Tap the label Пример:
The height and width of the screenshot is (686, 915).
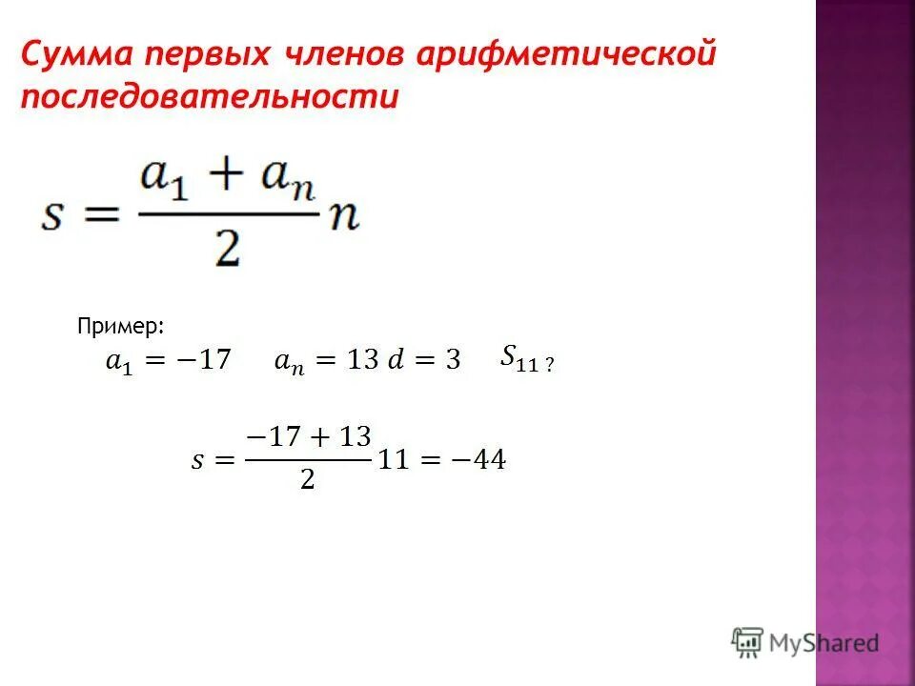click(x=121, y=327)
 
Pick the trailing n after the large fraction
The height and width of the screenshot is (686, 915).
click(x=343, y=217)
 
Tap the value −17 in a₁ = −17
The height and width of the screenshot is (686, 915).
click(x=204, y=361)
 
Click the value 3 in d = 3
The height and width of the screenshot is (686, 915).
click(x=453, y=361)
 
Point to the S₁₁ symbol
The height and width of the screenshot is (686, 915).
click(x=519, y=359)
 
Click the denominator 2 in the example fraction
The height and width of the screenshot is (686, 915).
click(x=307, y=480)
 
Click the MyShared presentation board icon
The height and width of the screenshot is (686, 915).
click(x=748, y=641)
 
